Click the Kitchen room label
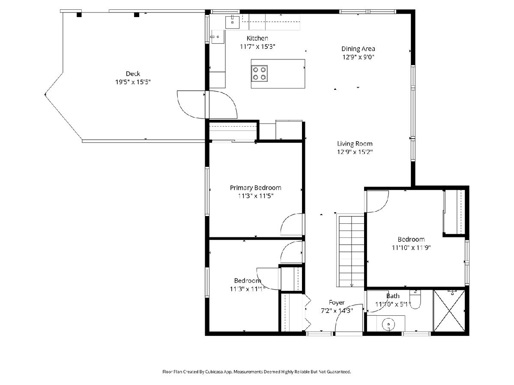pos(257,38)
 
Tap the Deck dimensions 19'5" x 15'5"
pos(133,82)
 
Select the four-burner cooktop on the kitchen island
pos(260,74)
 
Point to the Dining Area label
pos(358,49)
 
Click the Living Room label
pos(355,144)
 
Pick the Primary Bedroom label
pos(255,188)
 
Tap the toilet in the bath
pos(415,299)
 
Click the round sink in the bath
pos(388,324)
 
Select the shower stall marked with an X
pos(449,311)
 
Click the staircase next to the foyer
pos(350,251)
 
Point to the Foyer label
pos(337,302)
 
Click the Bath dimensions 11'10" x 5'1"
pos(393,304)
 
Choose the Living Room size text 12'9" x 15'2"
pos(355,152)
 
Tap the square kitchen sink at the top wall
pos(232,22)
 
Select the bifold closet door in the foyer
pos(308,313)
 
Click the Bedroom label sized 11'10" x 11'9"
pos(411,240)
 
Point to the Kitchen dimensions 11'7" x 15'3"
pos(257,47)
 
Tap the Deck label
pos(133,74)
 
